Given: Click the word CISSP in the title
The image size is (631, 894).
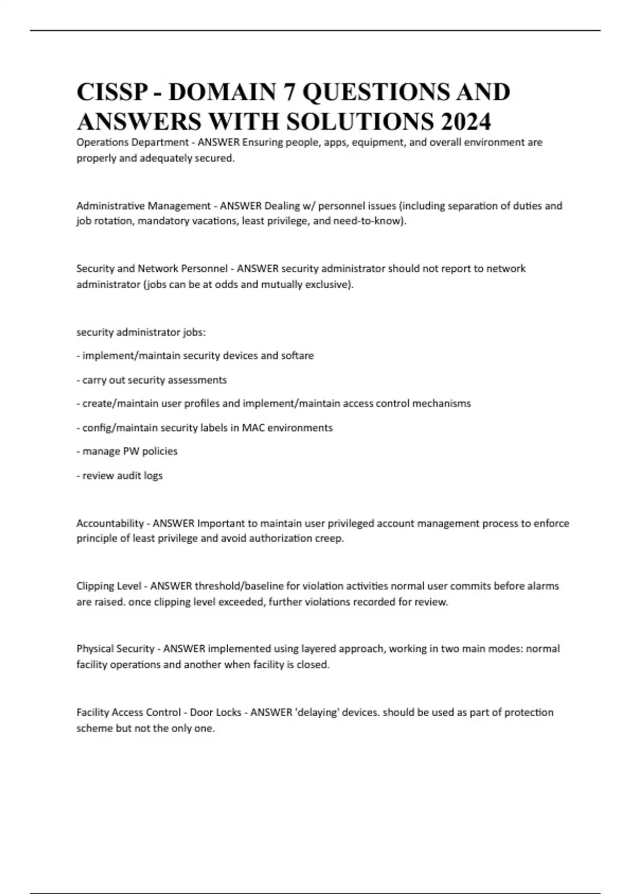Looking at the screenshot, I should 112,92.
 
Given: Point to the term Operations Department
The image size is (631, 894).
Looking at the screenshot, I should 133,142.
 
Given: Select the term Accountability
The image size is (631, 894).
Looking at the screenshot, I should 110,523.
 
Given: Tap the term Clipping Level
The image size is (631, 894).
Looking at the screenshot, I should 109,586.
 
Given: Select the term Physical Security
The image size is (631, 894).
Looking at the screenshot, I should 115,648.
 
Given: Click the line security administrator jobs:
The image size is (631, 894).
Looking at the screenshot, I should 141,332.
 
